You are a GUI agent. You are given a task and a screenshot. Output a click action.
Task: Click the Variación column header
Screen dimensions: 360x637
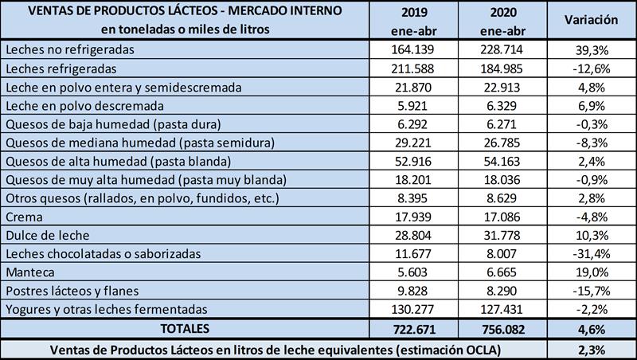(592, 20)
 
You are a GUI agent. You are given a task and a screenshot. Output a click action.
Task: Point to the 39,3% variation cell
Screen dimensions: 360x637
(592, 49)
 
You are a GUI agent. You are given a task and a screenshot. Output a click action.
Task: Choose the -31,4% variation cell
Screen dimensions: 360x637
(592, 254)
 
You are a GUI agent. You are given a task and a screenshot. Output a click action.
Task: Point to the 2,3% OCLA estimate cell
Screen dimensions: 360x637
(592, 348)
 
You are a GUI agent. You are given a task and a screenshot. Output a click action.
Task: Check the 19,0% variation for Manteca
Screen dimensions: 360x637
(592, 272)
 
